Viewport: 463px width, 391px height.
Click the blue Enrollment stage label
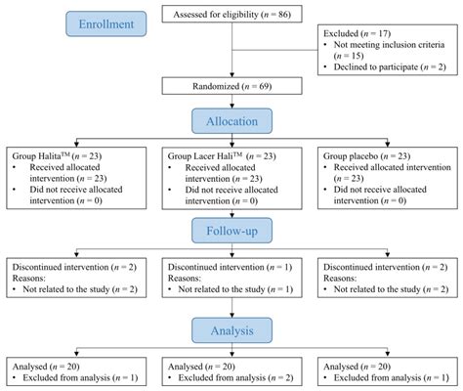click(x=106, y=23)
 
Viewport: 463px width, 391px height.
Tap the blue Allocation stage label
click(x=231, y=121)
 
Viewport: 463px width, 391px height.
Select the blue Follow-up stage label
click(x=231, y=231)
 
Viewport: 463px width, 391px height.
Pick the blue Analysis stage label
click(x=231, y=330)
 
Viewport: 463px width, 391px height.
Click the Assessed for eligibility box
click(x=231, y=15)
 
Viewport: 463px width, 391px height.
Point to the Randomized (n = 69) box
click(x=231, y=86)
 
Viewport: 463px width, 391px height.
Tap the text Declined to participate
click(x=376, y=66)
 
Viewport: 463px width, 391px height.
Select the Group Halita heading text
click(x=41, y=155)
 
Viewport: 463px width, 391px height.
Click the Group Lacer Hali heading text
click(x=205, y=155)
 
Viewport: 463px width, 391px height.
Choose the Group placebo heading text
click(x=351, y=155)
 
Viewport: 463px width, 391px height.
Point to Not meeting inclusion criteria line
click(x=389, y=45)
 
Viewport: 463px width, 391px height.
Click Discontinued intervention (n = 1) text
click(x=230, y=267)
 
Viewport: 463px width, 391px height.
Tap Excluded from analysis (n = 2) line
click(x=235, y=377)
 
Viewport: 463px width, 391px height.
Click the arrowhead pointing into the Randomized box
click(x=231, y=74)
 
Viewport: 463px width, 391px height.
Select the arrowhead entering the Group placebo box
click(x=388, y=144)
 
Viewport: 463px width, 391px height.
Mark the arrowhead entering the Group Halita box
click(x=76, y=144)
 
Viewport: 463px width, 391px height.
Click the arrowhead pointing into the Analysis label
click(x=231, y=315)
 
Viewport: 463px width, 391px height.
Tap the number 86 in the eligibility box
click(x=283, y=15)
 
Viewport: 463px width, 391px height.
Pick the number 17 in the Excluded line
click(x=383, y=33)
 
